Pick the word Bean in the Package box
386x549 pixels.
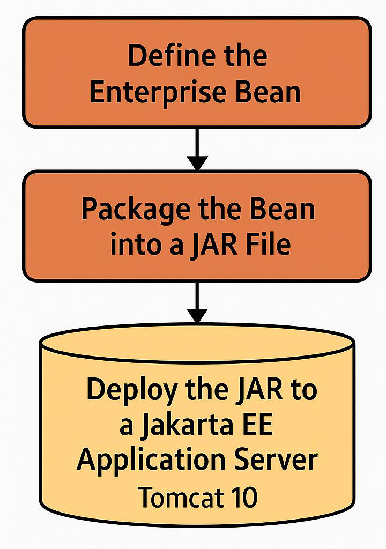tap(282, 209)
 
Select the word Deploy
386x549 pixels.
tap(132, 391)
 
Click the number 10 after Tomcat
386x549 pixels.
tap(244, 497)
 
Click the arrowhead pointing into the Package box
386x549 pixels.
tap(197, 163)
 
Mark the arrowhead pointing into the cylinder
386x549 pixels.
tap(197, 315)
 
